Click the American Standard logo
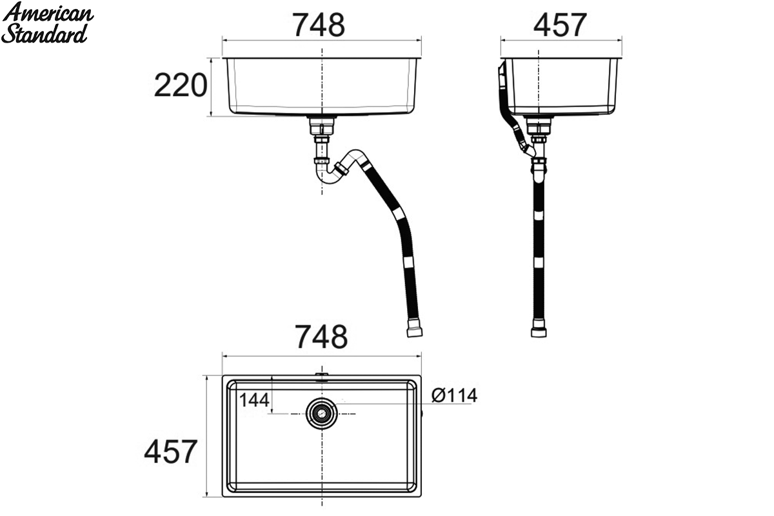[47, 23]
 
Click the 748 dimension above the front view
[319, 25]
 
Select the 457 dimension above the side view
[560, 25]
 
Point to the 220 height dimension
[181, 85]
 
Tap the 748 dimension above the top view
[321, 336]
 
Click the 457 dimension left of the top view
[171, 451]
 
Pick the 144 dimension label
[254, 400]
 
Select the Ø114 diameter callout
[454, 395]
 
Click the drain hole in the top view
[322, 413]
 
